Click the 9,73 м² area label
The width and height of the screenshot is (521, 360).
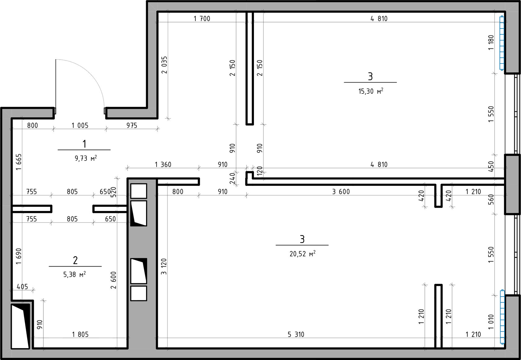[86, 158]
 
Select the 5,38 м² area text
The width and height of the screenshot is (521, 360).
[74, 274]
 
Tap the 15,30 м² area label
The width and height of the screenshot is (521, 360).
[371, 91]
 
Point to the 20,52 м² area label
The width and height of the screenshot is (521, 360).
[302, 254]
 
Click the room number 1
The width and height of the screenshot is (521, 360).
[84, 144]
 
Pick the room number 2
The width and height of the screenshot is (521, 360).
[75, 260]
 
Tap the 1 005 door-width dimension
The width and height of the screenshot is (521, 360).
[80, 126]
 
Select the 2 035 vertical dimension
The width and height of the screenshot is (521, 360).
[164, 65]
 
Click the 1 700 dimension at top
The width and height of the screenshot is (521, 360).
[202, 19]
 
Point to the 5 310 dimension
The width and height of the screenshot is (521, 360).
[296, 335]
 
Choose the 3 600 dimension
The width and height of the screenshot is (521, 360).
[341, 191]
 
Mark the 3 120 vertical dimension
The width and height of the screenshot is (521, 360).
[164, 267]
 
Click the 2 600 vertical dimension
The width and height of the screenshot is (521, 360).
[113, 280]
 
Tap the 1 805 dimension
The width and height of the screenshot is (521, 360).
[80, 335]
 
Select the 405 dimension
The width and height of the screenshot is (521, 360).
[22, 286]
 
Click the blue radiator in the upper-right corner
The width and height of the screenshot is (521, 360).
[502, 43]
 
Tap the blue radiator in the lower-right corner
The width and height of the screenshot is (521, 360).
[502, 317]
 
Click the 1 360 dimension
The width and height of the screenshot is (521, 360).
[163, 164]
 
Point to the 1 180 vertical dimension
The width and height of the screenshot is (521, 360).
[491, 42]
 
